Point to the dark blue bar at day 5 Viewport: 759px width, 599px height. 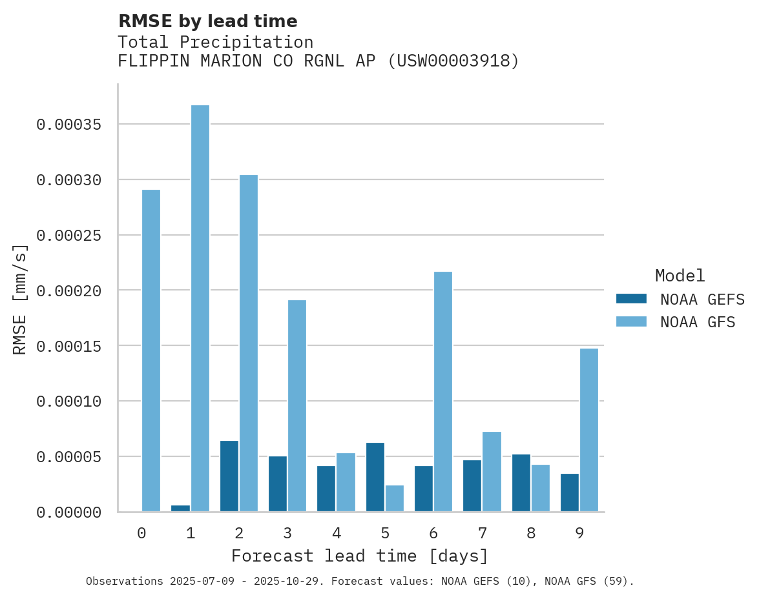(375, 478)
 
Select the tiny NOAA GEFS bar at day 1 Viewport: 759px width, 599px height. (181, 509)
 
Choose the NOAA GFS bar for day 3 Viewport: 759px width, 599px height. (297, 406)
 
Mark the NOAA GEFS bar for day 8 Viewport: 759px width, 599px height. (521, 483)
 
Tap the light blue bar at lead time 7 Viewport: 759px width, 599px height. (492, 472)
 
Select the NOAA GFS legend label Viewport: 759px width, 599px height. (698, 322)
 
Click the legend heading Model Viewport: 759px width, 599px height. (680, 276)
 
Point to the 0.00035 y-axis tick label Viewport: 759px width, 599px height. (69, 125)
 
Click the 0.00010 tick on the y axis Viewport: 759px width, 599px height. (69, 401)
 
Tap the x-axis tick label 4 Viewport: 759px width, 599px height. (337, 533)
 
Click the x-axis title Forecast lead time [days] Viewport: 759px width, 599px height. (360, 556)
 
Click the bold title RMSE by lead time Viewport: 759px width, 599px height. (208, 21)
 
